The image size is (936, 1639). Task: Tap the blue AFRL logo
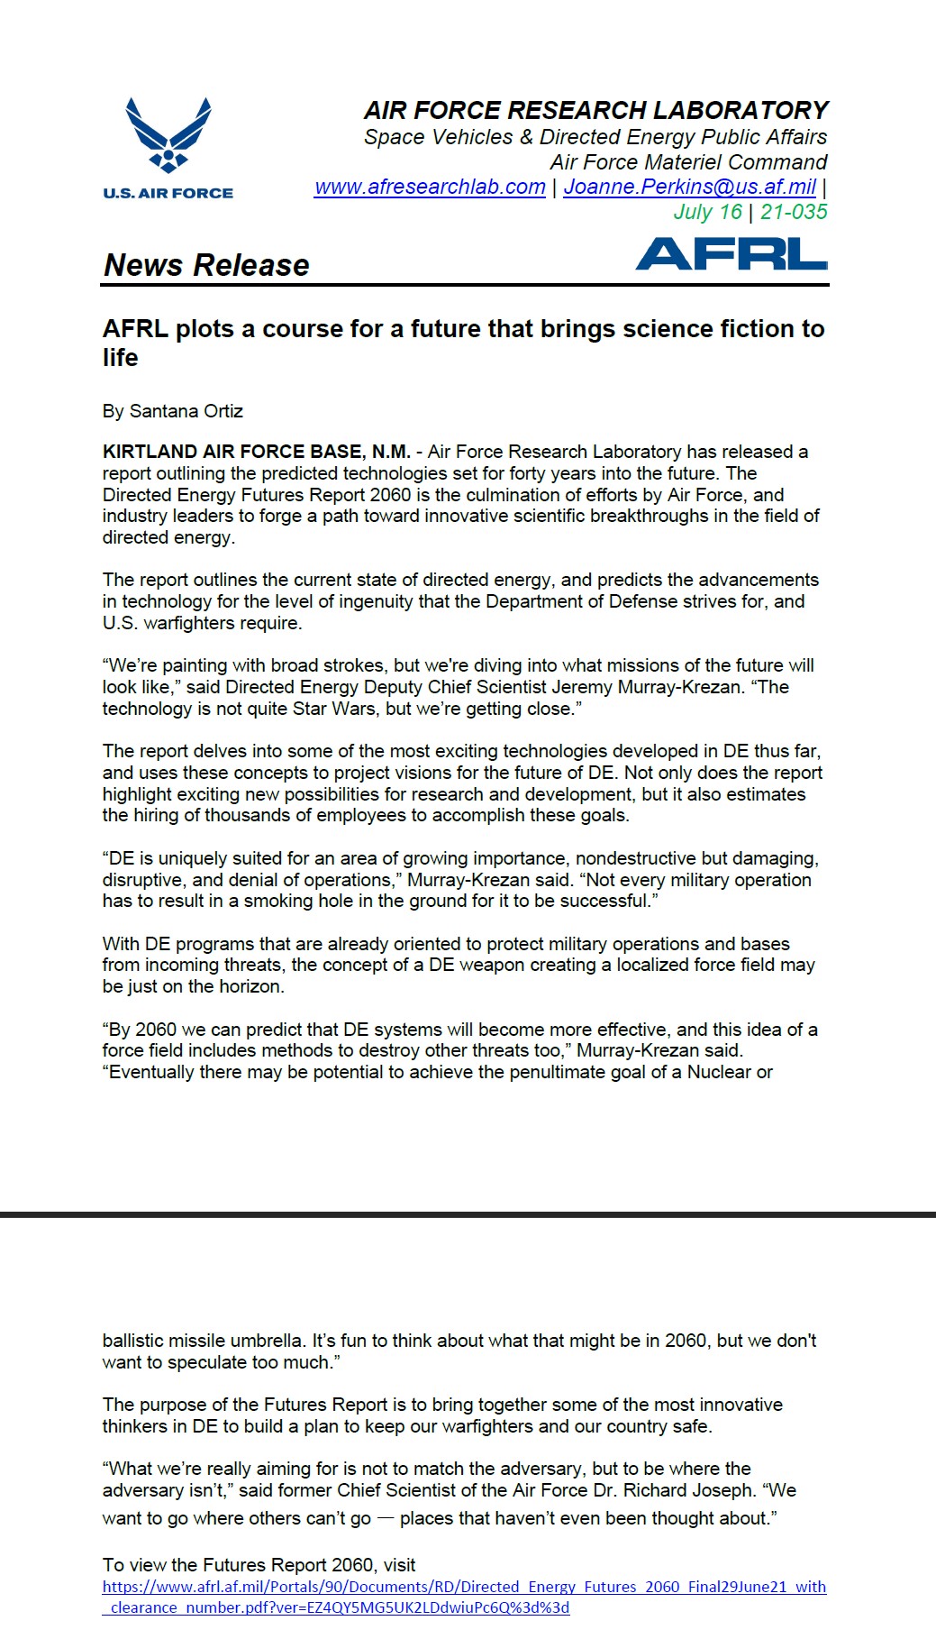pos(731,253)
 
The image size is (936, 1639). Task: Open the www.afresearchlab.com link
pos(430,187)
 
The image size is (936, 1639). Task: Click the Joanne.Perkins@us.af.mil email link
pos(689,187)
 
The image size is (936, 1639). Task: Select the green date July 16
pos(708,212)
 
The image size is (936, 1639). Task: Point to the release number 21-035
pos(794,212)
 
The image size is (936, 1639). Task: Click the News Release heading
pos(206,265)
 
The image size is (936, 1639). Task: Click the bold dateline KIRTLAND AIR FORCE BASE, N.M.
pos(257,452)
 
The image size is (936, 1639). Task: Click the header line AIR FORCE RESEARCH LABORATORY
pos(595,111)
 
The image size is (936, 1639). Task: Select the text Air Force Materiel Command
pos(688,162)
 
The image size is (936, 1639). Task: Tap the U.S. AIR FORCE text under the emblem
pos(168,193)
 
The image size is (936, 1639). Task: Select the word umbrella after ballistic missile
pos(259,1341)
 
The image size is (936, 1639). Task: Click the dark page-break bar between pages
pos(468,1215)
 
